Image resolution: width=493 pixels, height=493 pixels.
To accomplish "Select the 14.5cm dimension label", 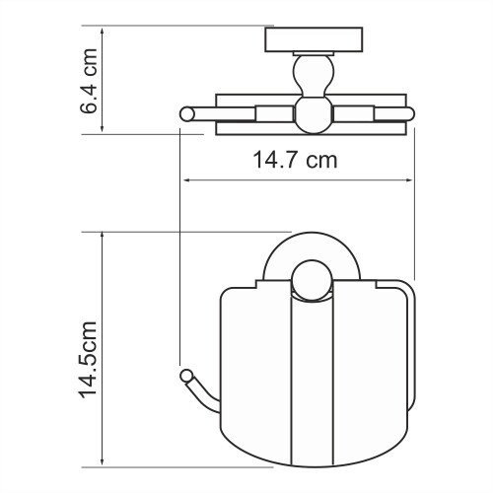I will [90, 352].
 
